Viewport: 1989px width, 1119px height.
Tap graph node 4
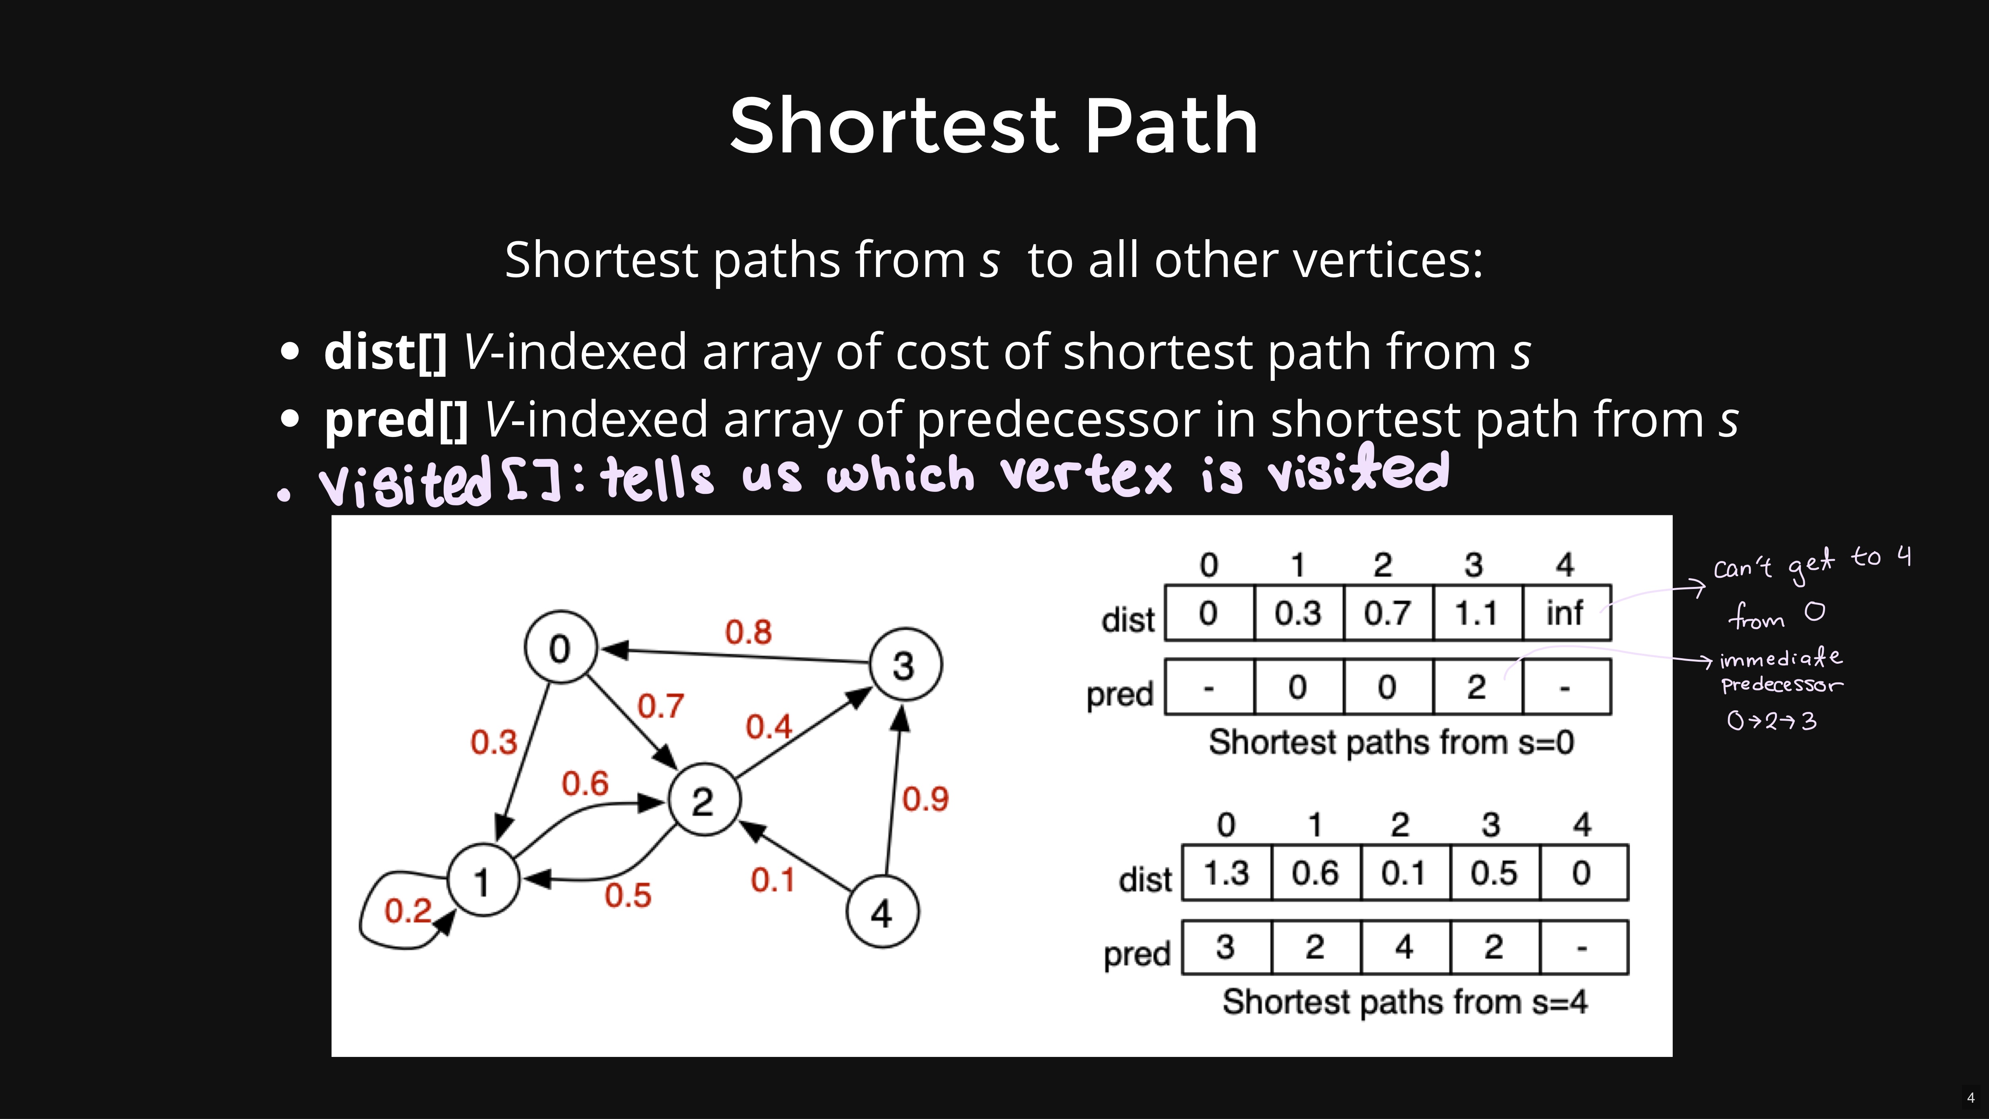882,912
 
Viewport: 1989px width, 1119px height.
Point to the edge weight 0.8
748,632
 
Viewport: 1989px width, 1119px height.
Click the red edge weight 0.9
925,799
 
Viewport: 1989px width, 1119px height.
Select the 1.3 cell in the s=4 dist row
1226,873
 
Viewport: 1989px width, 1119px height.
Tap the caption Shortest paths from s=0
1391,742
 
